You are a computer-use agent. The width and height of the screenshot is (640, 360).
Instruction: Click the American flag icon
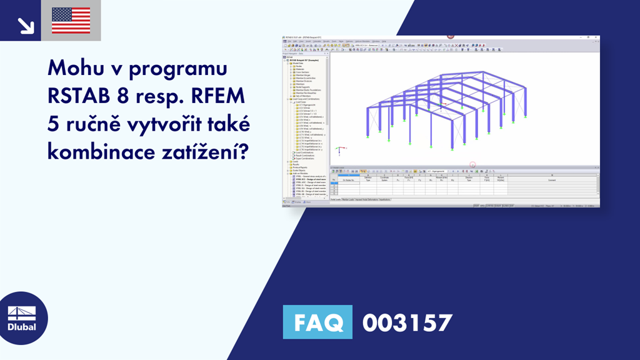(71, 20)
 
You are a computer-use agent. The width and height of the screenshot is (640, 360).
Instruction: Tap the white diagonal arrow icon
(25, 24)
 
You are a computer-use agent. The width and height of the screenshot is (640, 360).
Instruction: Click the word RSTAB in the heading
(80, 96)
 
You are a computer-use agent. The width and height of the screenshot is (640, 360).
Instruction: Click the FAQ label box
(317, 322)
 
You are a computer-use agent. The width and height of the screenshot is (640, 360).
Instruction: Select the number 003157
(407, 322)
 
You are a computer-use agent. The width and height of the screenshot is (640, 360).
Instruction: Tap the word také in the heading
(228, 124)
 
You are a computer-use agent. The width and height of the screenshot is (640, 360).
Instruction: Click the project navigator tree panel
(304, 125)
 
